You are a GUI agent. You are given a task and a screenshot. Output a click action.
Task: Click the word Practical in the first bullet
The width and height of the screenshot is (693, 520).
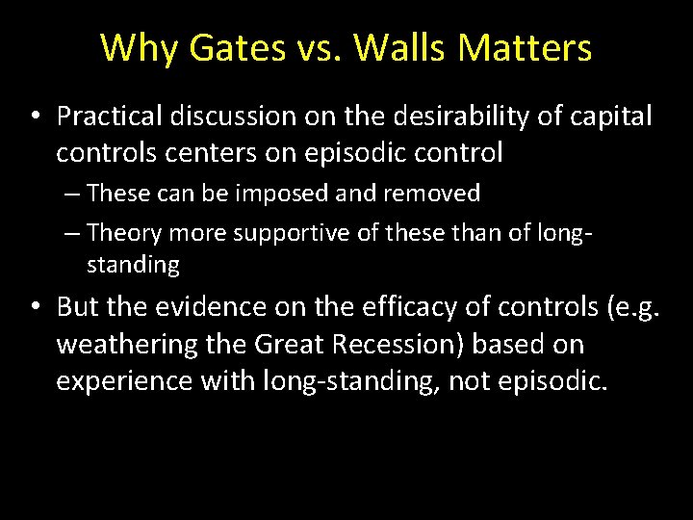[x=108, y=117]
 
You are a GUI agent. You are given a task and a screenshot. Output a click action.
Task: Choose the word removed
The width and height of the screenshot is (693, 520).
[x=434, y=194]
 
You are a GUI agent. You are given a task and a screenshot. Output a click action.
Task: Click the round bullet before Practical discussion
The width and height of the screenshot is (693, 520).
[x=34, y=117]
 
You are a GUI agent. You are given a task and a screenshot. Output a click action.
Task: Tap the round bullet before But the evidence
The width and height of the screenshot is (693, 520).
[x=34, y=308]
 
